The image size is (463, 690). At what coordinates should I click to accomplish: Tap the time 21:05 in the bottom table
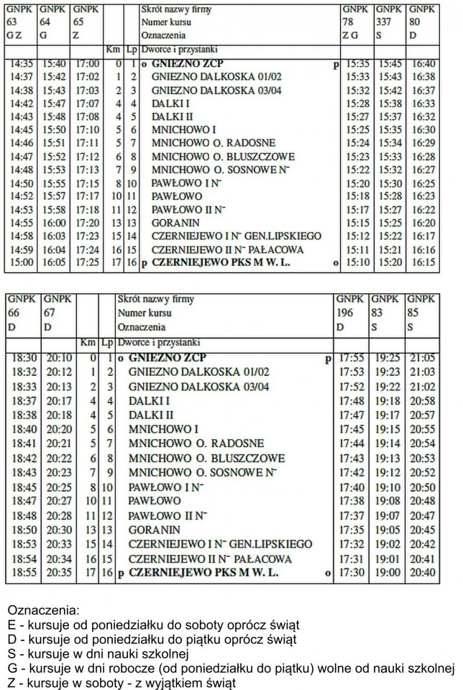(421, 357)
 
